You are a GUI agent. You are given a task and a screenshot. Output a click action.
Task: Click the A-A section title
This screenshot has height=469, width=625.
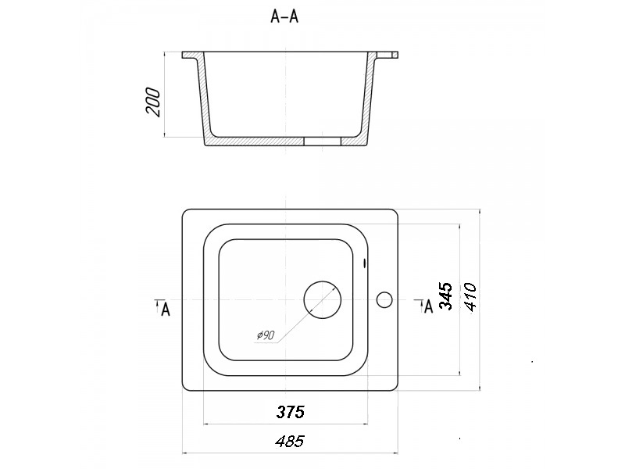284,16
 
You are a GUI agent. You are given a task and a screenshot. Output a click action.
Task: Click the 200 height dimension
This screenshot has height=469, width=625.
154,103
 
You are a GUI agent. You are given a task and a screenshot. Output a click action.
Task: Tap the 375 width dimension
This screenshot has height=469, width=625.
290,412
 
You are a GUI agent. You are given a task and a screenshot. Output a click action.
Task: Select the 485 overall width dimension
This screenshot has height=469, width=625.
290,441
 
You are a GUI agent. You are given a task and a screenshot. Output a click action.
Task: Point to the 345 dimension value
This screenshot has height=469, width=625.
445,296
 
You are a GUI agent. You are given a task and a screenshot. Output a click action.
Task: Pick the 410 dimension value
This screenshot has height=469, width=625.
470,297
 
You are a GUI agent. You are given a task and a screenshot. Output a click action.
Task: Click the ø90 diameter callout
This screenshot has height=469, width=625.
266,335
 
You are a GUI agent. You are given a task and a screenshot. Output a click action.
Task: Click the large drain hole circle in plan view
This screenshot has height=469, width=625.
323,299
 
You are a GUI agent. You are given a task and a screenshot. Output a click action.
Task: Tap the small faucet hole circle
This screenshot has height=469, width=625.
384,300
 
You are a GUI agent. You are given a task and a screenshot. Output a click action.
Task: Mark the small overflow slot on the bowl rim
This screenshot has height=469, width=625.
365,263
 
